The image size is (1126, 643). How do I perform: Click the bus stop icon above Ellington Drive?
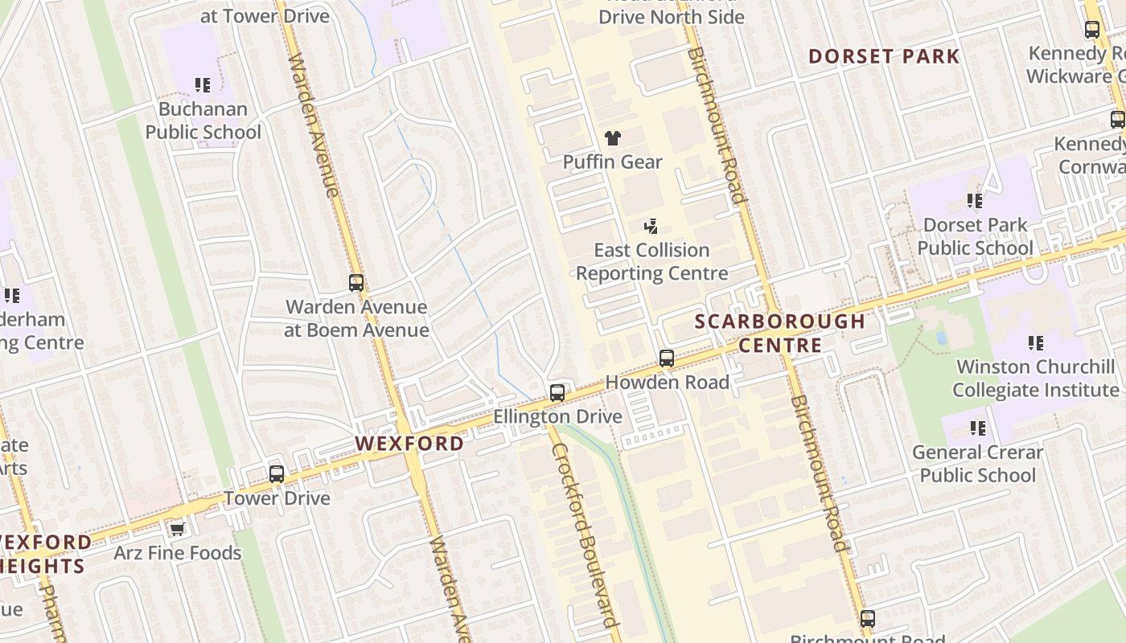(x=557, y=393)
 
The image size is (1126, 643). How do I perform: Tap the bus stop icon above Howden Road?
(x=667, y=358)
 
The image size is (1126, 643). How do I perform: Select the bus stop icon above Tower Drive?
(x=277, y=474)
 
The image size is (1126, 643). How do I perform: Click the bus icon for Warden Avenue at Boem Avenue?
(x=356, y=283)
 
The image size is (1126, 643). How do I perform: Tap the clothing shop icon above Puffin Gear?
(x=613, y=138)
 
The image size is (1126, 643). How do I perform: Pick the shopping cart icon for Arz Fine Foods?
(x=177, y=529)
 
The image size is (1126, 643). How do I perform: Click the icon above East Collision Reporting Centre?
(x=651, y=227)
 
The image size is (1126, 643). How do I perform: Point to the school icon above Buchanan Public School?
(x=203, y=85)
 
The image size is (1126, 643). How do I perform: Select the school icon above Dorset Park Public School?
(x=975, y=201)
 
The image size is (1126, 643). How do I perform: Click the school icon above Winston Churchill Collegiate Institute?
(x=1036, y=343)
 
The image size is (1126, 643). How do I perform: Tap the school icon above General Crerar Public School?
(x=978, y=428)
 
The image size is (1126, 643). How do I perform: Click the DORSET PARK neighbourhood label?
(x=884, y=56)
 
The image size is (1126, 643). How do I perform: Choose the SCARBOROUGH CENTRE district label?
(x=780, y=334)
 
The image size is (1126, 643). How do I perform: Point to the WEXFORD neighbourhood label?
(x=410, y=444)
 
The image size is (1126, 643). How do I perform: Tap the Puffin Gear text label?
(x=613, y=162)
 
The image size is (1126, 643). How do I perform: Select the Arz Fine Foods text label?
(x=178, y=553)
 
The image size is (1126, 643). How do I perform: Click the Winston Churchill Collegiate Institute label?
(x=1036, y=379)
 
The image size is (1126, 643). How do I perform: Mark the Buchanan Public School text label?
(x=203, y=121)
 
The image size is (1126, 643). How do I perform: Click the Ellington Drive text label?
(x=557, y=416)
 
